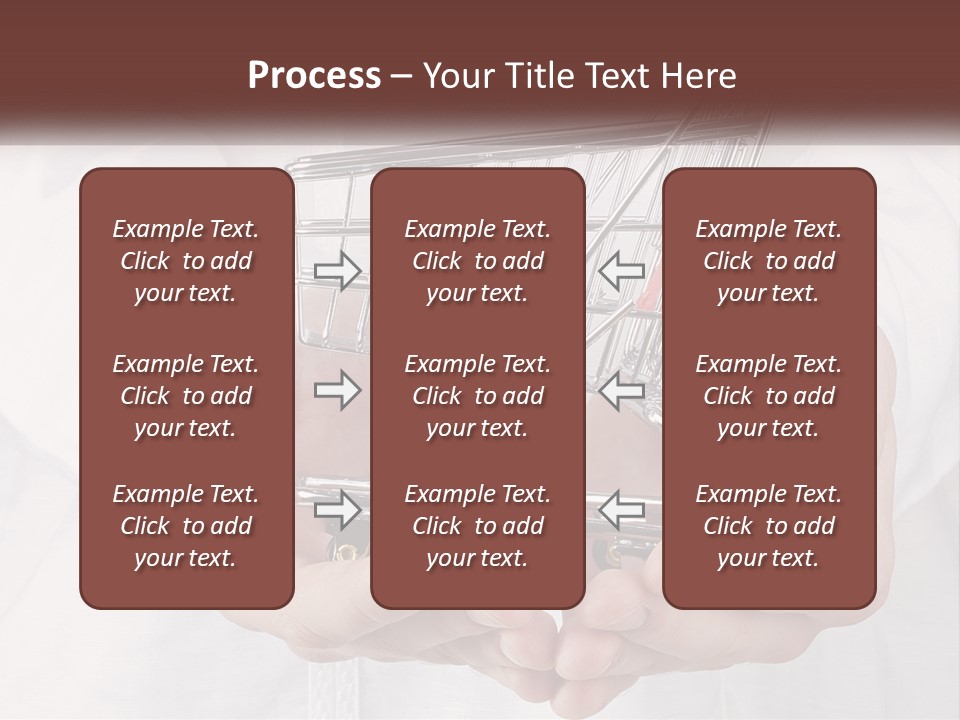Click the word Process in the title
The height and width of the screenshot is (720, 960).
coord(314,76)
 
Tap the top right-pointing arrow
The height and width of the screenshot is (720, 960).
coord(337,270)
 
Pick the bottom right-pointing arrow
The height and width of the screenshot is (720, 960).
coord(337,509)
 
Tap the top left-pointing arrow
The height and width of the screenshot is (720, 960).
coord(622,269)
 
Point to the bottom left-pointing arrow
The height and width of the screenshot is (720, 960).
coord(622,509)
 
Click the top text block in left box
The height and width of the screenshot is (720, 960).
coord(186,261)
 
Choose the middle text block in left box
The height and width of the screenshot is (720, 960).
coord(186,396)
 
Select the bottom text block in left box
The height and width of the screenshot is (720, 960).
coord(186,526)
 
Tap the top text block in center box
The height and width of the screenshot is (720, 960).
coord(477,261)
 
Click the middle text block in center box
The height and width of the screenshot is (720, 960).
coord(477,396)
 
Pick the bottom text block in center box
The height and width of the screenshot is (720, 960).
coord(477,526)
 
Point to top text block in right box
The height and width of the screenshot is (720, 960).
coord(768,261)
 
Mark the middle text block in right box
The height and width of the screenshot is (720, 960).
coord(768,396)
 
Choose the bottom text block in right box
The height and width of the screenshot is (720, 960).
coord(768,526)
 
